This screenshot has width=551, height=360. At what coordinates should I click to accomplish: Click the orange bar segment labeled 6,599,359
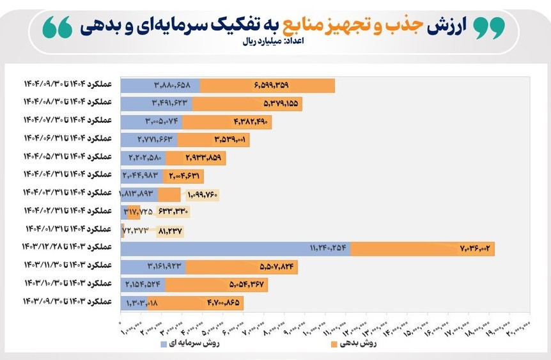(x=267, y=86)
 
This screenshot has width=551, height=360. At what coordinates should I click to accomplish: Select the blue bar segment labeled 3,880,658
(x=160, y=86)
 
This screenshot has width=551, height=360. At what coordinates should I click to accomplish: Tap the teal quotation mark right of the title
(x=488, y=26)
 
